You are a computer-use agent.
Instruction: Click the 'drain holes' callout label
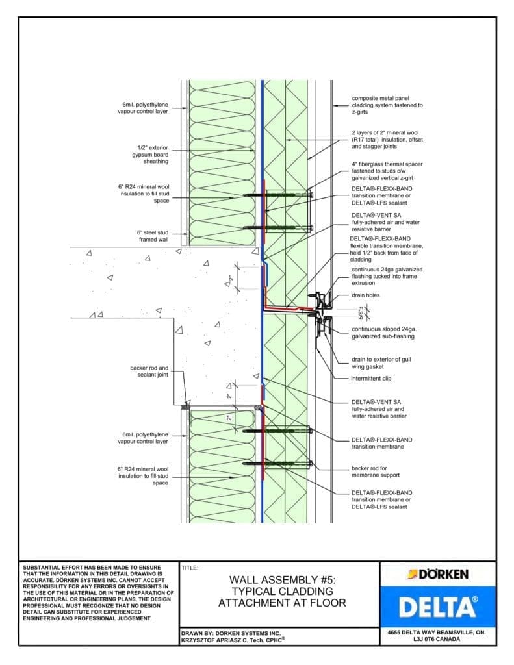coord(366,295)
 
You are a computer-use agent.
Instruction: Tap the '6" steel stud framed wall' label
coord(153,236)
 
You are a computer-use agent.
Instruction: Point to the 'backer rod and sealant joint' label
coord(149,371)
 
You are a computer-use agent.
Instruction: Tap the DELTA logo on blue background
coord(438,607)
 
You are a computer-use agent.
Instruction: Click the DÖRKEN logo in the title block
coord(438,574)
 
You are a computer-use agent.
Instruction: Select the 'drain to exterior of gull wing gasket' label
coord(381,362)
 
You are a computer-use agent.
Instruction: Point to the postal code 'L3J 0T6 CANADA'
coord(438,639)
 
